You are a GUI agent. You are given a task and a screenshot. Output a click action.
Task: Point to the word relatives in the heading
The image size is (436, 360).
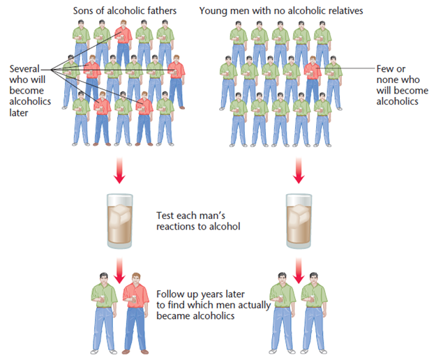(340, 10)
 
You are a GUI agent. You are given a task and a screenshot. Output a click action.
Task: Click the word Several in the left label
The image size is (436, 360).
(25, 68)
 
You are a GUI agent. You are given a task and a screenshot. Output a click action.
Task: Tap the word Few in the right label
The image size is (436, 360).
(385, 68)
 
